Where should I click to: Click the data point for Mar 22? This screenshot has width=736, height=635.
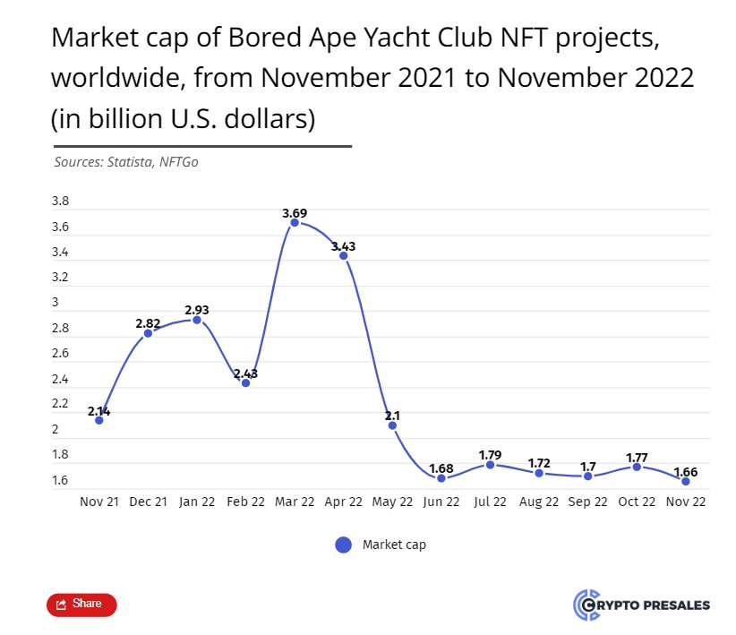coord(295,222)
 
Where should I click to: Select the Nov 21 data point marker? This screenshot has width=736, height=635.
coord(99,420)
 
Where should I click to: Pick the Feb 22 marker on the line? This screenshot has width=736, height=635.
coord(245,383)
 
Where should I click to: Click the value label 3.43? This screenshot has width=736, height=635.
coord(344,245)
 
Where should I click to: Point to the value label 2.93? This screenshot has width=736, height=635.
coord(197,310)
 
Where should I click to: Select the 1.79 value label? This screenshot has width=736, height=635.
coord(490,455)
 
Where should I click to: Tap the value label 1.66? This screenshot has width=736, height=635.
coord(685,472)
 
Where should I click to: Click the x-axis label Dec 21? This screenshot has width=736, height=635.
coord(148,502)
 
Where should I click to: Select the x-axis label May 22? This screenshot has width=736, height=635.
coord(392,502)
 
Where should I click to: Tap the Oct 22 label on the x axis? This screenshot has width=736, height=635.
coord(637,502)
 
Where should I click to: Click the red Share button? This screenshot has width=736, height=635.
coord(81,605)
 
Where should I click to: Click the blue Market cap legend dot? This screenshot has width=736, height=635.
coord(343,545)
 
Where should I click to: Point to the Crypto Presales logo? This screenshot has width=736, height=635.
coord(641,605)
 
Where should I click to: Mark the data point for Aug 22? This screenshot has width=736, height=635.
coord(539,473)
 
